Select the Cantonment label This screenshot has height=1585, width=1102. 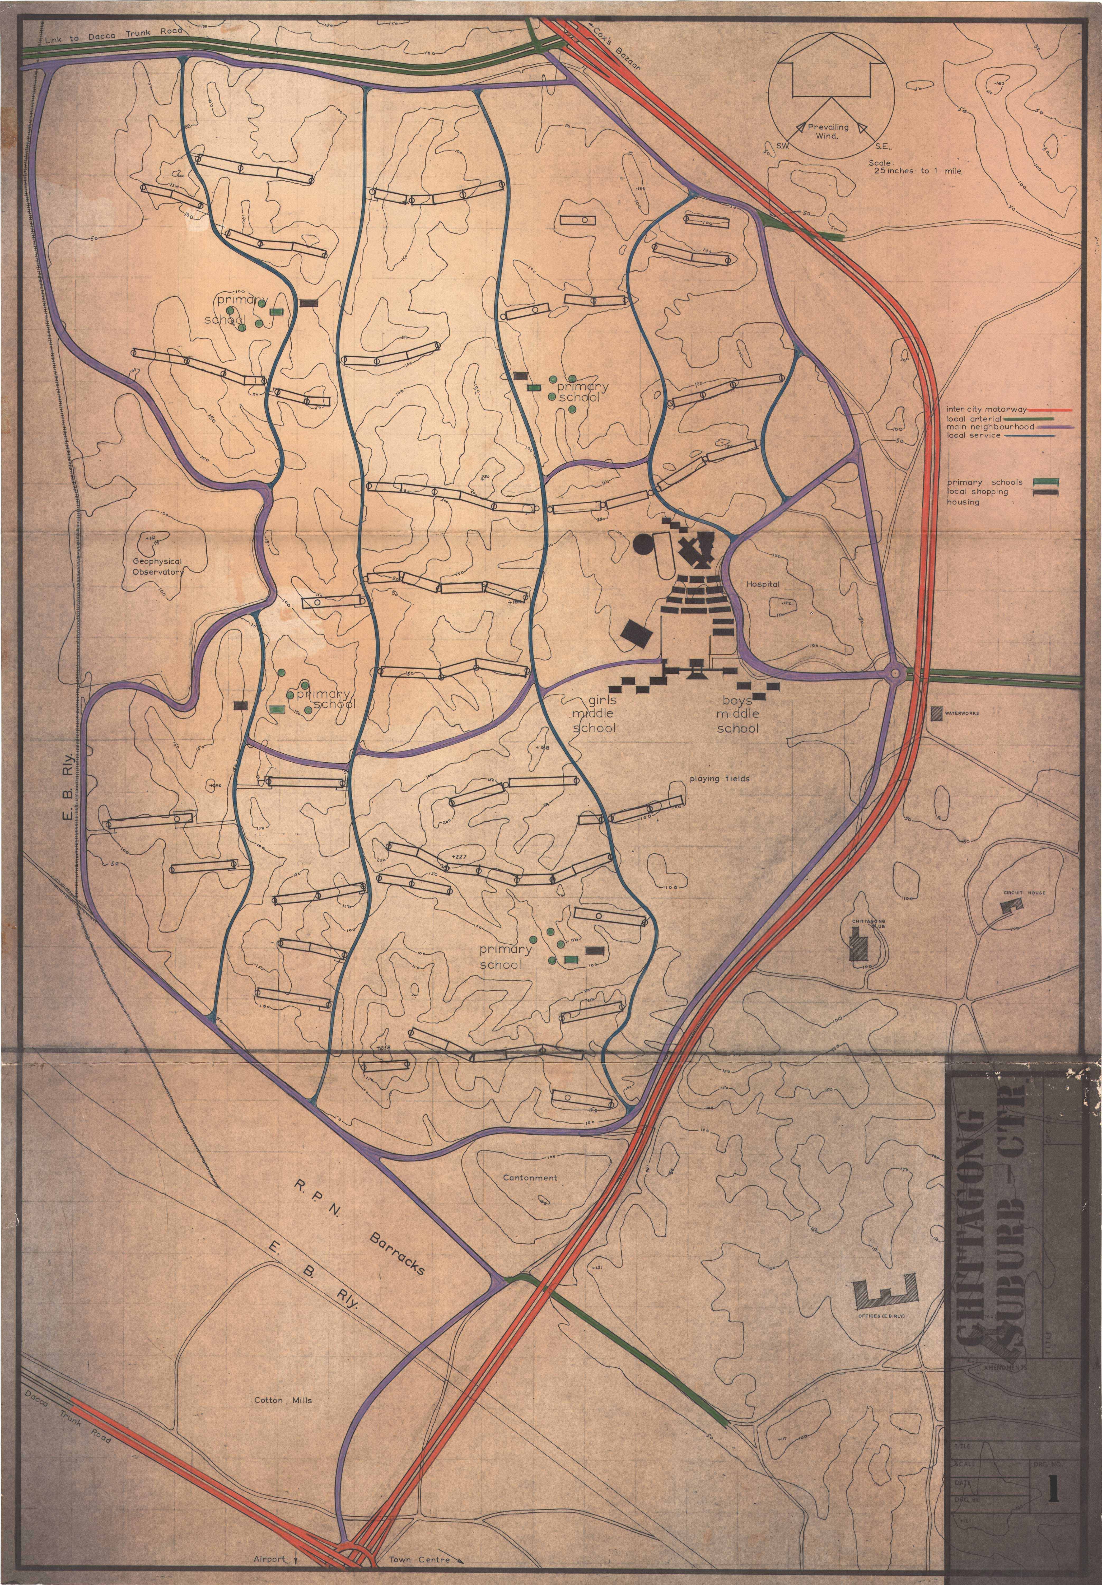coord(530,1178)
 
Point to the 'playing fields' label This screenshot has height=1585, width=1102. coord(719,779)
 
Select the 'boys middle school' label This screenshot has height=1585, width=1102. coord(737,714)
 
